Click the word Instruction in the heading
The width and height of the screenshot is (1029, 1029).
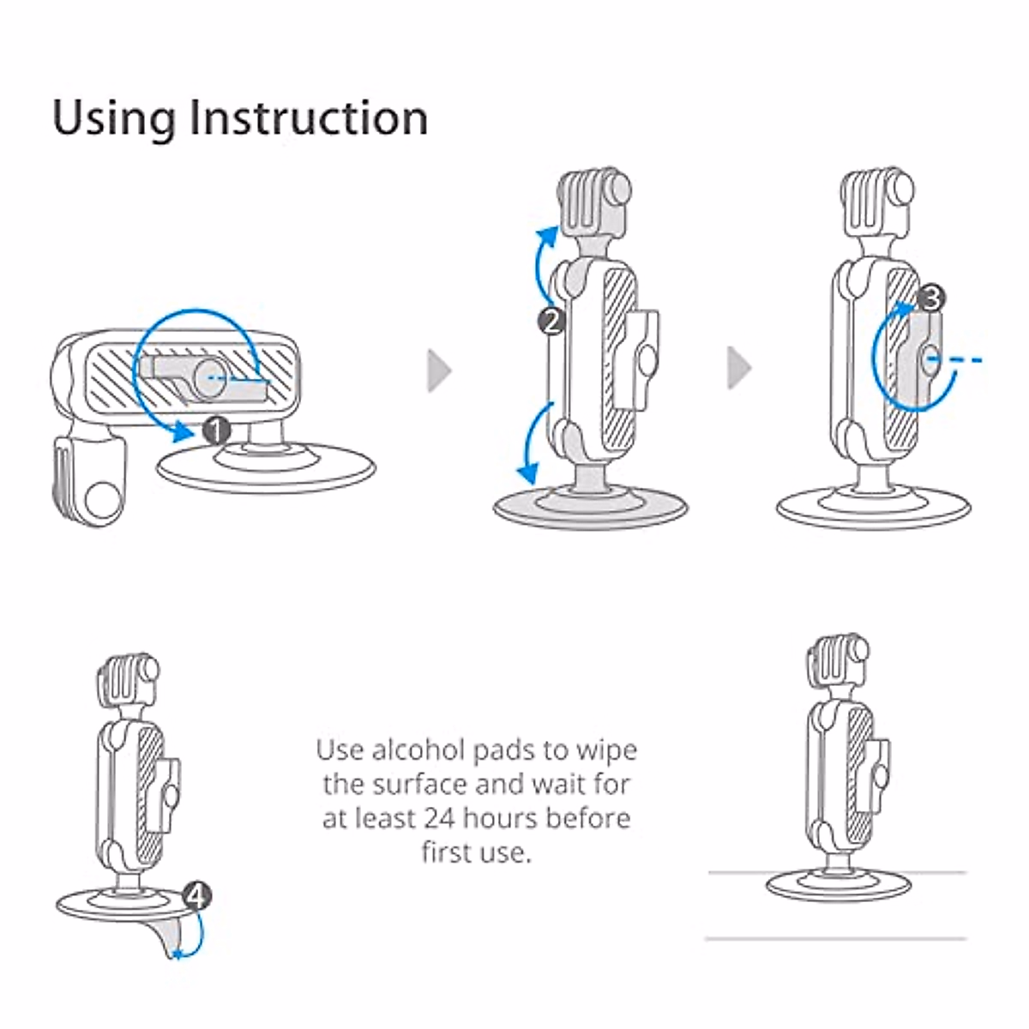pyautogui.click(x=309, y=117)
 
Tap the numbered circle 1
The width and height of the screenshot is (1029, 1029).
pyautogui.click(x=216, y=430)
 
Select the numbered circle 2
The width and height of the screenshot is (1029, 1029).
pyautogui.click(x=551, y=321)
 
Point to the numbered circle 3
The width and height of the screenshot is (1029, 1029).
pyautogui.click(x=931, y=298)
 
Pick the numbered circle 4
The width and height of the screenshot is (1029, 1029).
pyautogui.click(x=197, y=897)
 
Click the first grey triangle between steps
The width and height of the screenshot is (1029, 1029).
pyautogui.click(x=439, y=370)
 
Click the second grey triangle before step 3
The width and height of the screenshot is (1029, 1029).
pyautogui.click(x=738, y=369)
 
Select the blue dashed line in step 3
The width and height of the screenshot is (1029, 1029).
pyautogui.click(x=960, y=361)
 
